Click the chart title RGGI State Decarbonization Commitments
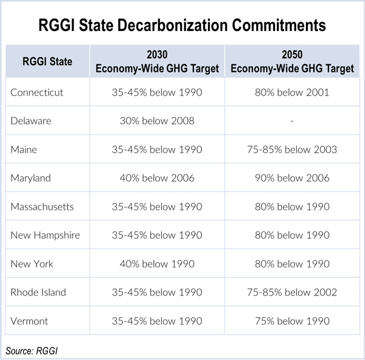click(x=182, y=26)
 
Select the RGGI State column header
click(x=47, y=62)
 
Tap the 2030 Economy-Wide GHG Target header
click(x=157, y=62)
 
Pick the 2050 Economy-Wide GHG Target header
click(x=292, y=62)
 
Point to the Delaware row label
click(x=30, y=121)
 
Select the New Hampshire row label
click(x=45, y=235)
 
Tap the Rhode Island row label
click(x=38, y=292)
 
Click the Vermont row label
click(x=29, y=321)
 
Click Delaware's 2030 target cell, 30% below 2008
click(x=157, y=121)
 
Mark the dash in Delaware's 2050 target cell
click(x=292, y=121)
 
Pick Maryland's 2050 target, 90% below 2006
click(x=292, y=178)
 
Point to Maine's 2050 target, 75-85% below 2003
click(x=292, y=149)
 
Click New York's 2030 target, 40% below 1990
click(x=157, y=264)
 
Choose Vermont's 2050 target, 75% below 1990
click(x=292, y=321)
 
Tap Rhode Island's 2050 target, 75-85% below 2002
click(x=292, y=292)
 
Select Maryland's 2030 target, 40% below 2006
click(x=157, y=178)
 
